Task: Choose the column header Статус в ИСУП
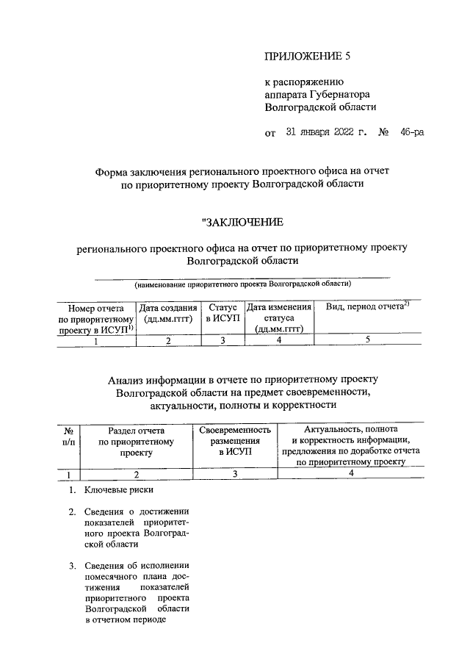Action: [222, 314]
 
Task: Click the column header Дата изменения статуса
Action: [280, 319]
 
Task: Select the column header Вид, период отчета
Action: [366, 306]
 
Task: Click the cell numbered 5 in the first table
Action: [367, 339]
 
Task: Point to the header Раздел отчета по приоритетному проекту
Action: [136, 441]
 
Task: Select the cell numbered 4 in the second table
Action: [351, 474]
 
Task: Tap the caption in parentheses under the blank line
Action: [242, 283]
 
